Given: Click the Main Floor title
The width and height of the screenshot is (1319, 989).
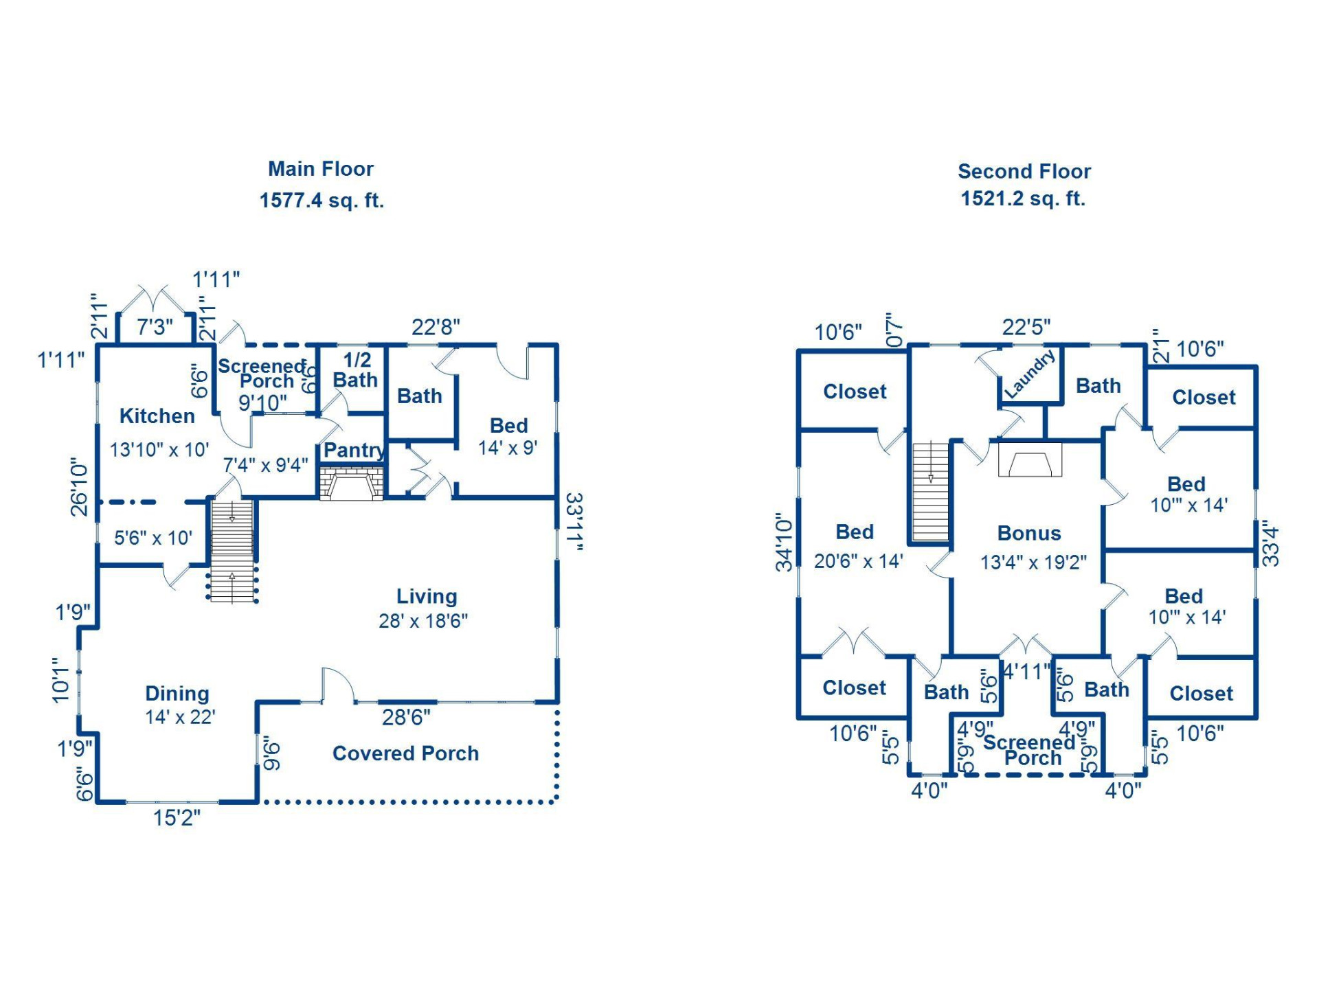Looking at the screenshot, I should click(x=320, y=168).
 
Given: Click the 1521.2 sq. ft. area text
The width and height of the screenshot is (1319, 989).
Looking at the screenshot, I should click(x=1022, y=198).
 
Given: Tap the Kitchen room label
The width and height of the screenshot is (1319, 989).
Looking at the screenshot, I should click(x=157, y=416).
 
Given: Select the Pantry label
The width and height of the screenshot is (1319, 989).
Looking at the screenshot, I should click(x=354, y=450).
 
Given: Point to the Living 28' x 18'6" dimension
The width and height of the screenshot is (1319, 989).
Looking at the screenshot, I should click(x=423, y=621).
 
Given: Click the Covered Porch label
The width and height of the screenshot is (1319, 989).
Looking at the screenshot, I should click(x=405, y=753).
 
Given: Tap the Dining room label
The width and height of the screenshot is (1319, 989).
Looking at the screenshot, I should click(x=177, y=693).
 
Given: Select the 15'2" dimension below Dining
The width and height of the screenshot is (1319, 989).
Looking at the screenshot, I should click(x=177, y=817).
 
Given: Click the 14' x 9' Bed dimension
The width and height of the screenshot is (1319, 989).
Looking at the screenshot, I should click(x=508, y=448).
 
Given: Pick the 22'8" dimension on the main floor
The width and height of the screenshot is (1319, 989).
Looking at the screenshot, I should click(x=436, y=327).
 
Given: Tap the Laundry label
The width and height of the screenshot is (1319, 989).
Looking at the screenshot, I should click(x=1029, y=375).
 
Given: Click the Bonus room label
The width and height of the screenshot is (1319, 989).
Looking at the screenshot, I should click(x=1028, y=533).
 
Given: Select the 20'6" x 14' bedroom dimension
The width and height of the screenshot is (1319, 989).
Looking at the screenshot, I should click(x=858, y=561).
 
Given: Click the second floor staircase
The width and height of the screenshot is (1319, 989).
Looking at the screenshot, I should click(x=930, y=492).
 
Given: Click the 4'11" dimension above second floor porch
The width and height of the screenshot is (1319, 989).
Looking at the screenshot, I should click(x=1026, y=671).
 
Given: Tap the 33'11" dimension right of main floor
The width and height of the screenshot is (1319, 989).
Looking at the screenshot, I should click(x=574, y=522).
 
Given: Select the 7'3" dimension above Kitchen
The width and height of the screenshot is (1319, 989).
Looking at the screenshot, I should click(x=155, y=327).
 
